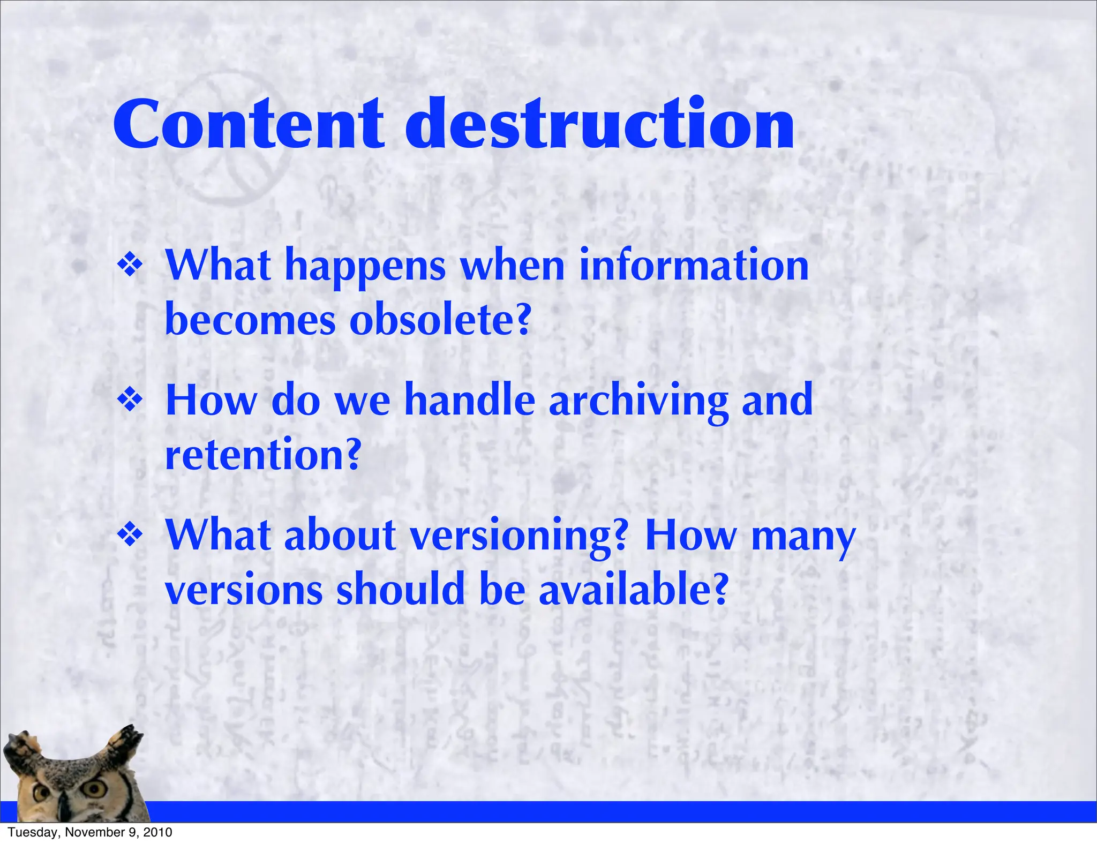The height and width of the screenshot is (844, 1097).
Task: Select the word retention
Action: pos(262,455)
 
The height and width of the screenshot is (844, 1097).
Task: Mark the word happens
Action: pos(365,267)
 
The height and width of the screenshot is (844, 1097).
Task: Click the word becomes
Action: pos(250,320)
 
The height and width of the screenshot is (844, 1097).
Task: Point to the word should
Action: pos(400,590)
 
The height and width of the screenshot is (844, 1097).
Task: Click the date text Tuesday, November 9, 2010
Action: pos(90,832)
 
